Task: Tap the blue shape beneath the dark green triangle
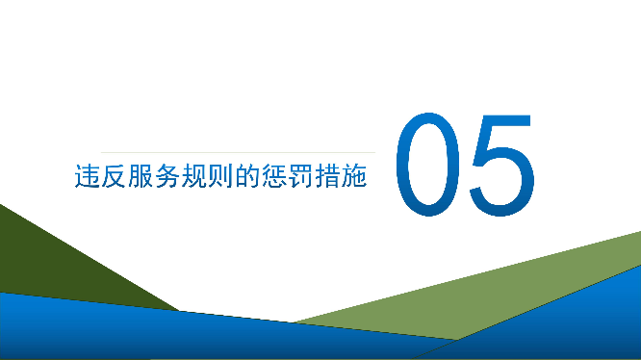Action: [144, 332]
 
